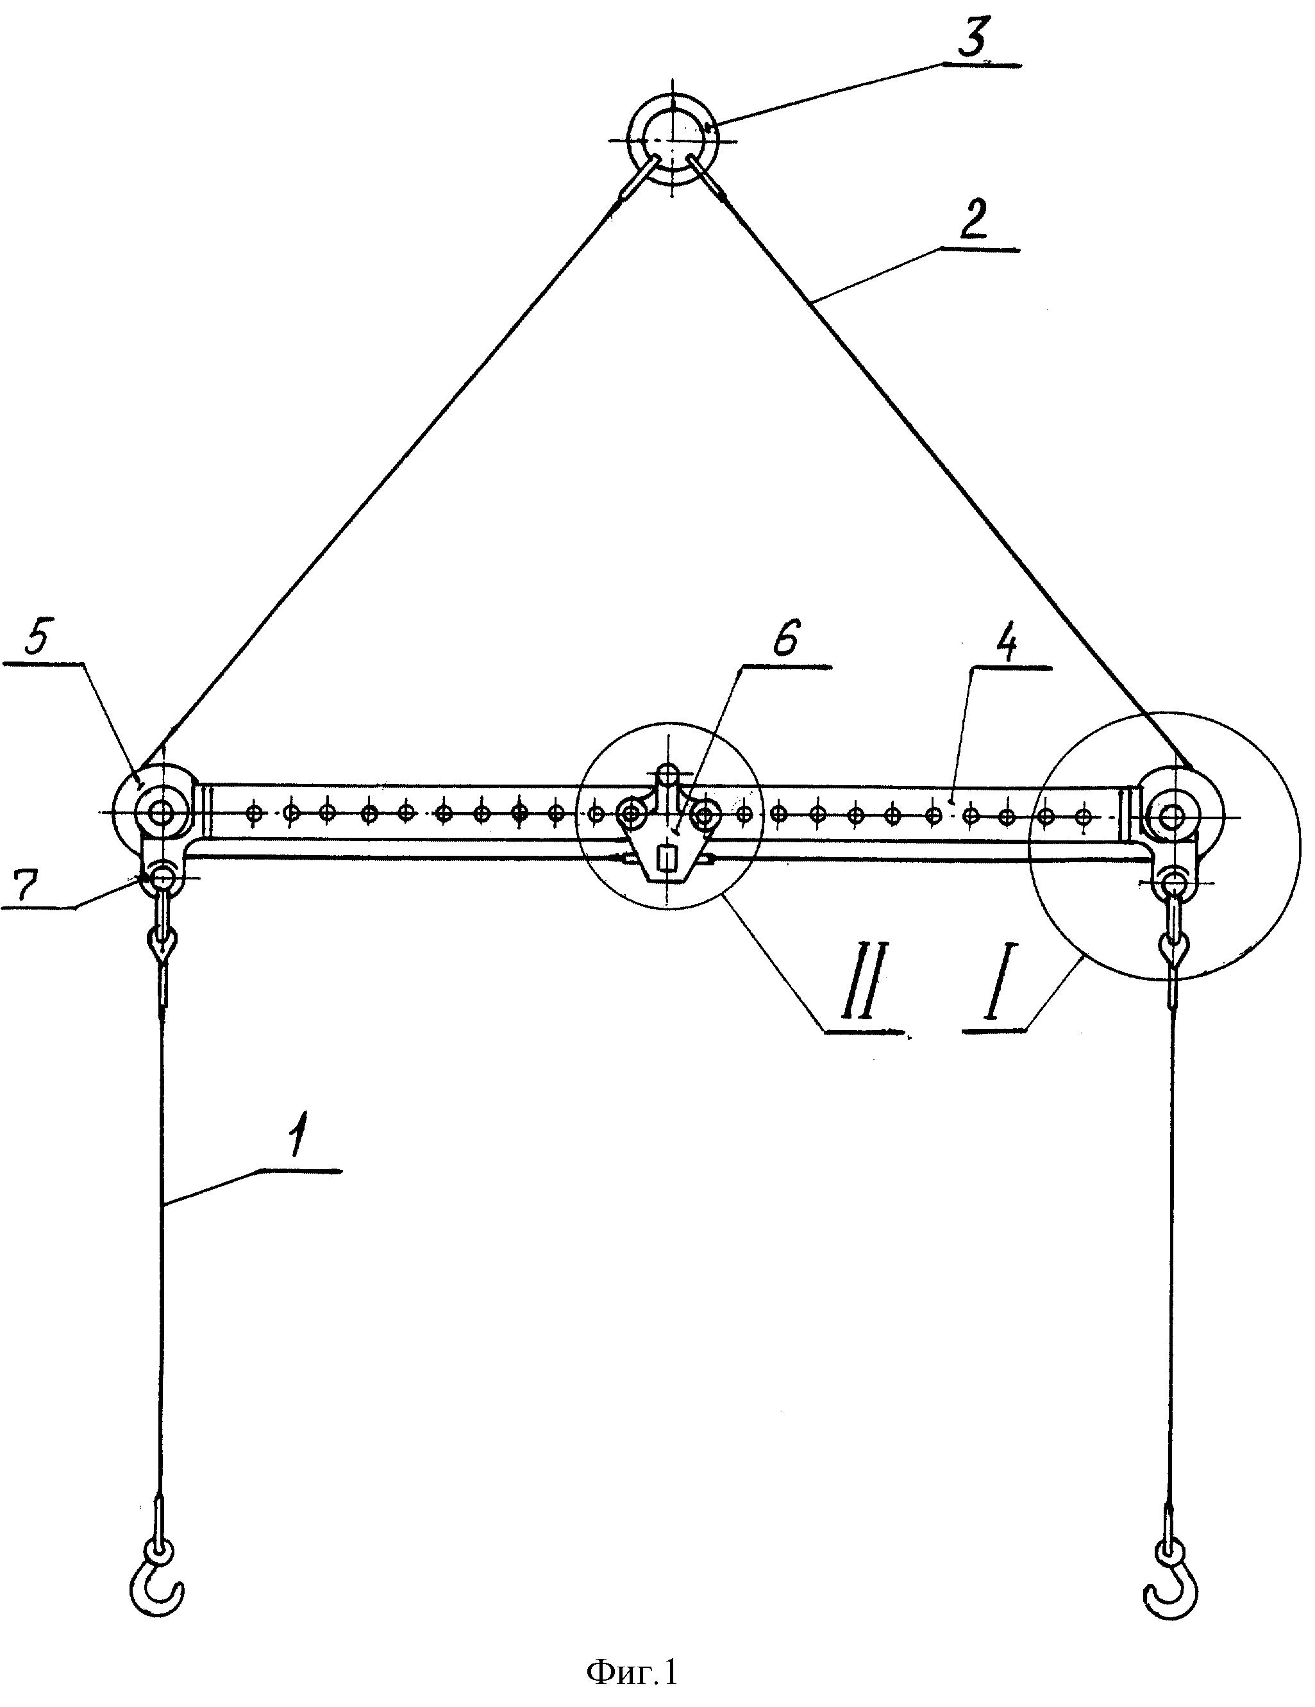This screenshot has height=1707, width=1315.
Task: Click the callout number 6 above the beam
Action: (784, 642)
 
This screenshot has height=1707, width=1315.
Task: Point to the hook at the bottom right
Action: (1170, 1585)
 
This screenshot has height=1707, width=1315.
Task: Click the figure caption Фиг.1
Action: (631, 1672)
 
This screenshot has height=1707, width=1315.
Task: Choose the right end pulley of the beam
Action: (1172, 817)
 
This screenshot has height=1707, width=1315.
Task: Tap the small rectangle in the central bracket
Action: (666, 860)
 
